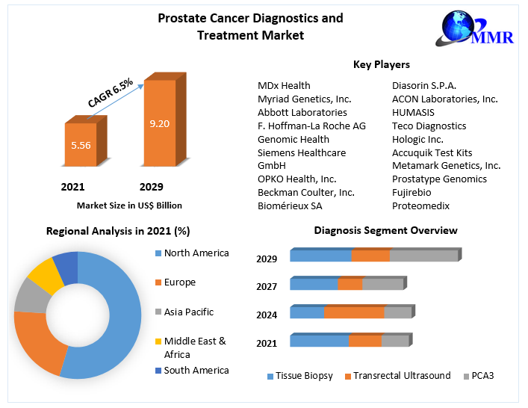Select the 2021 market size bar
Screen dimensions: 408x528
[81, 146]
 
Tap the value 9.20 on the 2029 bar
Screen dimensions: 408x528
[159, 124]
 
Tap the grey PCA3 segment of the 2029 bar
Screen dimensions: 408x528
[423, 256]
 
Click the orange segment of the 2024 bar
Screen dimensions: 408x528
[354, 312]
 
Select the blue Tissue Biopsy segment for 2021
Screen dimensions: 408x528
[319, 341]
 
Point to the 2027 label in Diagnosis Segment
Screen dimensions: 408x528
[267, 287]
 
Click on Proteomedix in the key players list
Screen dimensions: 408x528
[420, 205]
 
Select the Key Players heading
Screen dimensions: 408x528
[381, 65]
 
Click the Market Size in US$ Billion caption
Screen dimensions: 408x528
[129, 205]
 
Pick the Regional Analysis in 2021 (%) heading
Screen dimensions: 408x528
[118, 231]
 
